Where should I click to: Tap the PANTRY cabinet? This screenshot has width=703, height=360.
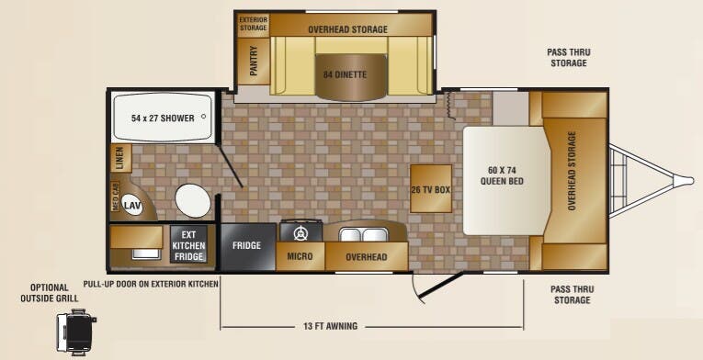click(x=254, y=61)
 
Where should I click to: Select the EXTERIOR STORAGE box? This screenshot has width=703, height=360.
click(x=254, y=24)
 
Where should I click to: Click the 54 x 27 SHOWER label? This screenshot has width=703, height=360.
click(x=163, y=118)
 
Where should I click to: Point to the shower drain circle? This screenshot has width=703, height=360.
click(x=203, y=116)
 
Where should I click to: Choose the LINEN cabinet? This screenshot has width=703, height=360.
click(x=121, y=158)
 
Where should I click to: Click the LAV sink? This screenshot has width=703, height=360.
click(x=132, y=206)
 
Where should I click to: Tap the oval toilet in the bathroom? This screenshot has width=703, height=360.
click(x=193, y=200)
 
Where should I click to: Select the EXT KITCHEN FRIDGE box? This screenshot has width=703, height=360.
click(x=188, y=244)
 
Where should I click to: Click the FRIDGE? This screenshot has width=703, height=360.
click(x=247, y=246)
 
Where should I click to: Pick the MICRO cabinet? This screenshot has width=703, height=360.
click(x=300, y=256)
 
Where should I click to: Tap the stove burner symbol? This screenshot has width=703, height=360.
click(x=300, y=233)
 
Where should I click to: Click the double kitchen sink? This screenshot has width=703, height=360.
click(x=364, y=234)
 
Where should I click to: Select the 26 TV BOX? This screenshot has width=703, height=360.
click(x=431, y=189)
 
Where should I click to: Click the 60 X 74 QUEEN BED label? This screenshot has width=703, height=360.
click(x=502, y=175)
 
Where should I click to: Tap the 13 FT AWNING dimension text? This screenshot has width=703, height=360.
click(x=330, y=326)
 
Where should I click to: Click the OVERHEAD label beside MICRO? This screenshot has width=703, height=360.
click(x=367, y=257)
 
